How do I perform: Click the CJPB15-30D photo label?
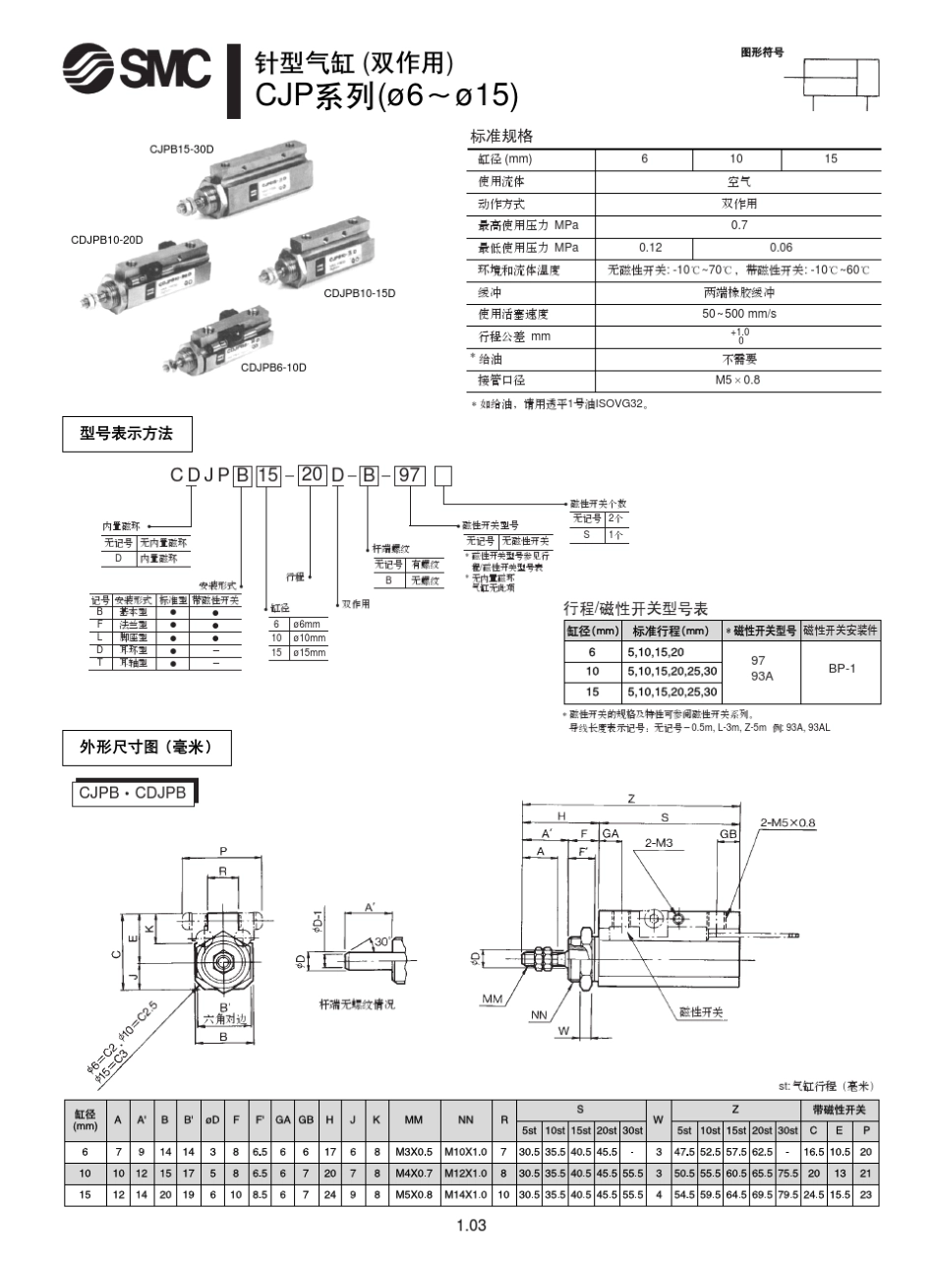tap(182, 149)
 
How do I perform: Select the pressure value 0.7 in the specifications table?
tap(738, 225)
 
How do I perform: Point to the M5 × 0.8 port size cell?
tap(738, 380)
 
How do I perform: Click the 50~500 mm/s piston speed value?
tap(738, 314)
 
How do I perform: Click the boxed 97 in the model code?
tap(409, 476)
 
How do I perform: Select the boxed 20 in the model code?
tap(312, 475)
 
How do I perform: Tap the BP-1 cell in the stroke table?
tap(841, 668)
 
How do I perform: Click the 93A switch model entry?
tap(762, 677)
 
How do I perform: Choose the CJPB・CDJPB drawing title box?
tap(134, 793)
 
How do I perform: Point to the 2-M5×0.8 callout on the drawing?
tap(788, 822)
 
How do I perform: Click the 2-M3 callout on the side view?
tap(658, 843)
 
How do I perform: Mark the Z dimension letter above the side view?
tap(631, 798)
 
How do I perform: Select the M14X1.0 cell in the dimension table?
tap(466, 1195)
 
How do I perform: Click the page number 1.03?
tap(471, 1226)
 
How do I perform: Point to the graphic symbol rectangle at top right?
tap(842, 76)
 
